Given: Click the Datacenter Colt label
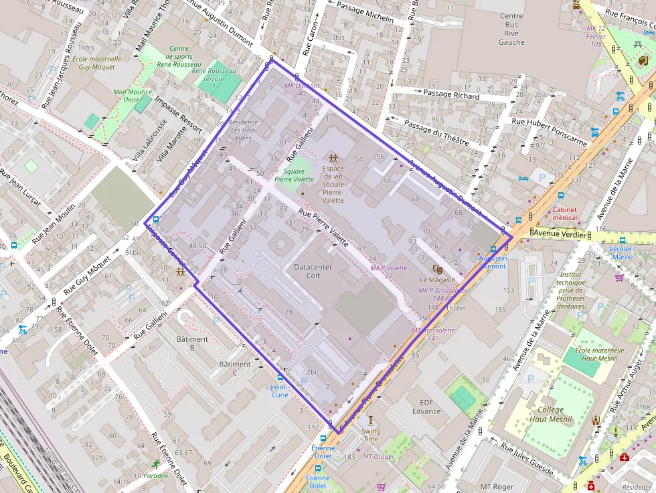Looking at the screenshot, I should click(313, 271).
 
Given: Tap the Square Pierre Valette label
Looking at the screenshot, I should click(294, 175).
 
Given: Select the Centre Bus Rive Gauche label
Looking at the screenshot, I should click(511, 29).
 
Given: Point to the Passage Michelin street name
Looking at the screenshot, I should click(365, 12).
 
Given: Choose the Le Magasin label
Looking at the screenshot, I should click(437, 280).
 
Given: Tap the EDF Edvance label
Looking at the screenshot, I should click(426, 407).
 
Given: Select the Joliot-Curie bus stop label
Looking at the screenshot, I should click(279, 391).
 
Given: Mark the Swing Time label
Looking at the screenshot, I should click(370, 435).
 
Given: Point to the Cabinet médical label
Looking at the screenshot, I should click(564, 213).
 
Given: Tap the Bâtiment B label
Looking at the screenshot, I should click(192, 343).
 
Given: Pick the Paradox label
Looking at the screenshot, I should click(155, 476).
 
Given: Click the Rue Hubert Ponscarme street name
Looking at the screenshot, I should click(549, 131).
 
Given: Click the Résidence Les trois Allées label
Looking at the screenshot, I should click(242, 130).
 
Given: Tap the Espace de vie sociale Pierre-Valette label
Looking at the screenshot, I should click(333, 185).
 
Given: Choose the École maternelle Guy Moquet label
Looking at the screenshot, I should click(99, 63).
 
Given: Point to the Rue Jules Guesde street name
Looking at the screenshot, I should click(527, 459).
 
